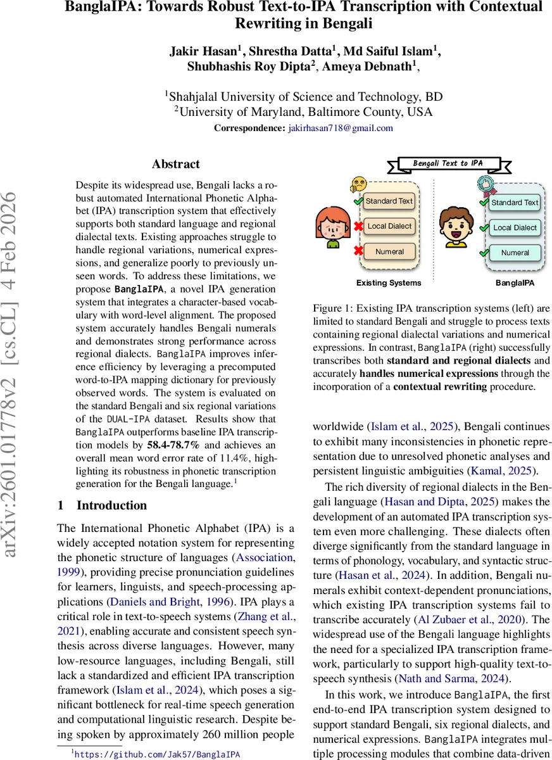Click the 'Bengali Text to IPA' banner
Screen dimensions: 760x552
(x=448, y=163)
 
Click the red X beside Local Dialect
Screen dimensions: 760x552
(x=358, y=226)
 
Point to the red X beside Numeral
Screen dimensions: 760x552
(x=358, y=251)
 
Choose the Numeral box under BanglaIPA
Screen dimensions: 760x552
(x=515, y=253)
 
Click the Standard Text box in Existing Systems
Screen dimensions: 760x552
(x=389, y=201)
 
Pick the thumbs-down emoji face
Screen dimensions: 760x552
(x=358, y=184)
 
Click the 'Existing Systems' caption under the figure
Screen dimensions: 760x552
(x=388, y=283)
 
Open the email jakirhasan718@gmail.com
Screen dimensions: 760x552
(x=341, y=128)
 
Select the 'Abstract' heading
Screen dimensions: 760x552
(x=175, y=164)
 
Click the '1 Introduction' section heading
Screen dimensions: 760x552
(x=102, y=505)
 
